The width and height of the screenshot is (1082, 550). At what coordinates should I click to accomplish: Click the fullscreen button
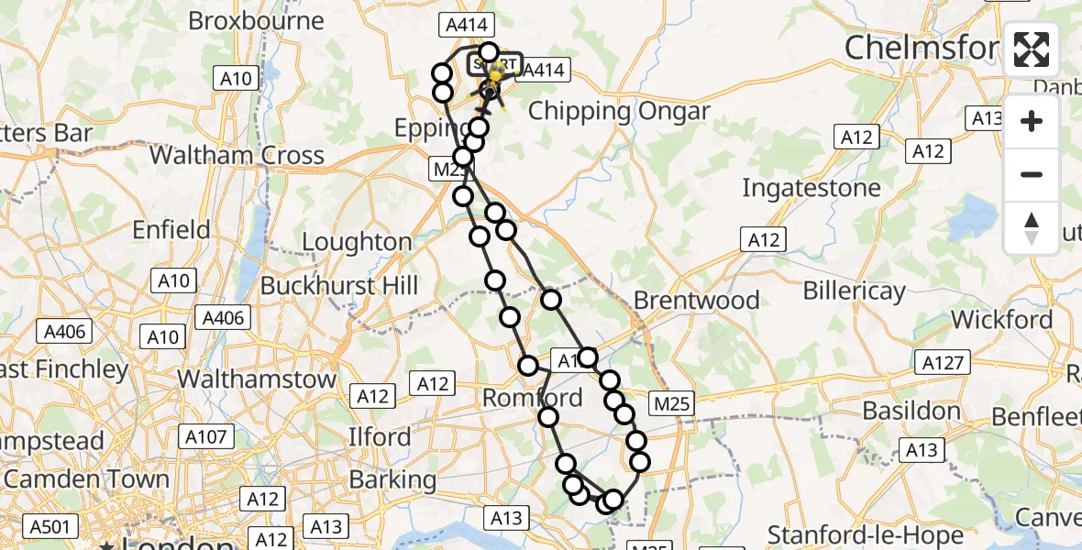pyautogui.click(x=1032, y=49)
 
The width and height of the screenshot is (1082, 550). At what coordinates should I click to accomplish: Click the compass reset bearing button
pyautogui.click(x=1032, y=228)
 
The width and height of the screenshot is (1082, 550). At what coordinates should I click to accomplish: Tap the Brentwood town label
pyautogui.click(x=697, y=300)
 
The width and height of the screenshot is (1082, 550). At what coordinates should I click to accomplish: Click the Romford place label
pyautogui.click(x=532, y=398)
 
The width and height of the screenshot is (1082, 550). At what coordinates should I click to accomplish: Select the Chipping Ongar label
pyautogui.click(x=619, y=112)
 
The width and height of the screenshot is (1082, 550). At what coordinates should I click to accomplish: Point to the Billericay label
pyautogui.click(x=854, y=291)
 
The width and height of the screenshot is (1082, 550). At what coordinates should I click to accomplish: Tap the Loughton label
pyautogui.click(x=357, y=242)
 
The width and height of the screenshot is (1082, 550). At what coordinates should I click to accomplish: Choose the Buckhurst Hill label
pyautogui.click(x=338, y=286)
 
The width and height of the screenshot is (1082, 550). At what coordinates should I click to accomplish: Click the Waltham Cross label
pyautogui.click(x=237, y=155)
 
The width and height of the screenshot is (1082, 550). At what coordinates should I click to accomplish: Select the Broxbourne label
pyautogui.click(x=256, y=21)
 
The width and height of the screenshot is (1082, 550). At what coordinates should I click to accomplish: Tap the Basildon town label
pyautogui.click(x=912, y=411)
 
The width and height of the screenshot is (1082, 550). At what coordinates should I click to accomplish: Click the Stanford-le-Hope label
pyautogui.click(x=866, y=534)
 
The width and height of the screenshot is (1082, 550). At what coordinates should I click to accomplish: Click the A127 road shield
pyautogui.click(x=944, y=364)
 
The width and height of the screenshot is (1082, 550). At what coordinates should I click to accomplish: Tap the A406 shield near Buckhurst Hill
pyautogui.click(x=222, y=318)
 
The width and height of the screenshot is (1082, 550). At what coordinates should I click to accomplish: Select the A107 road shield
pyautogui.click(x=207, y=437)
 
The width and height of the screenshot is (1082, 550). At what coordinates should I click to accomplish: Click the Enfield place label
pyautogui.click(x=171, y=229)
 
